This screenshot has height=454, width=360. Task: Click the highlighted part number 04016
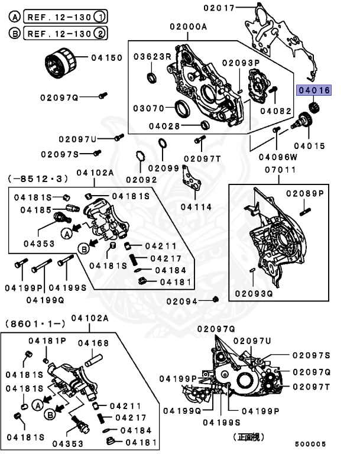(314, 90)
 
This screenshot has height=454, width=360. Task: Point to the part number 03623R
(152, 57)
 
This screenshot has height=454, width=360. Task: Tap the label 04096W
(275, 157)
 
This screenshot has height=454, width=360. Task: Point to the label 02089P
(305, 193)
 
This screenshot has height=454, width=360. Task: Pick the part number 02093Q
(254, 293)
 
